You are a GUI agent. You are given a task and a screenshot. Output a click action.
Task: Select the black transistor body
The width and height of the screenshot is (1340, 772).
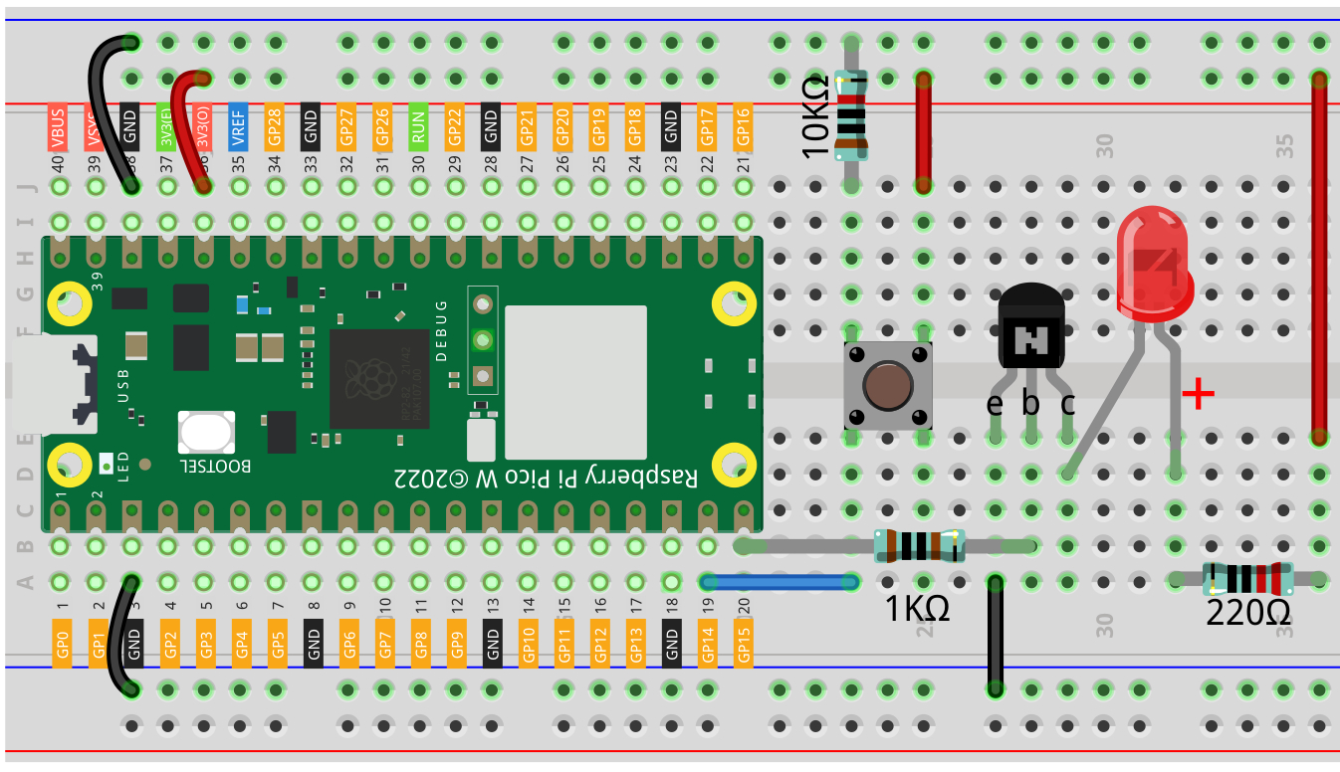click(x=1031, y=328)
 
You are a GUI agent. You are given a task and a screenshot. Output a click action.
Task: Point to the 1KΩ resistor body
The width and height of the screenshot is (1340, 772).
click(x=919, y=545)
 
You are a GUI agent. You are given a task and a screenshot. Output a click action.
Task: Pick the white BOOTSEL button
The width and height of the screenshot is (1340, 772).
click(x=206, y=432)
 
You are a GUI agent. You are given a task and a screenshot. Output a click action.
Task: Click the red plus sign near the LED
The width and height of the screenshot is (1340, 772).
click(x=1199, y=395)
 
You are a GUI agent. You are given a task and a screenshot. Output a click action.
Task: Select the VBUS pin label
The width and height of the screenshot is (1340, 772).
click(x=58, y=126)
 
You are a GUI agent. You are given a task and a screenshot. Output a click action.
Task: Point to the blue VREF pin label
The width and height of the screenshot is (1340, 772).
click(x=238, y=126)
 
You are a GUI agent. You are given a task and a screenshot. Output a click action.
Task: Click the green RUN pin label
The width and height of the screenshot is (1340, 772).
click(x=418, y=126)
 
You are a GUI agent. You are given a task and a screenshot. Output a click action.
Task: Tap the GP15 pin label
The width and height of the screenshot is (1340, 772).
click(x=743, y=642)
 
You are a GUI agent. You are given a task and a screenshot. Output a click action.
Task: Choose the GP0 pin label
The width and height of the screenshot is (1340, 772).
click(x=63, y=642)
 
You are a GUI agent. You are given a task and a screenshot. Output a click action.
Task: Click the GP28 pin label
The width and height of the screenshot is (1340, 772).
click(x=274, y=126)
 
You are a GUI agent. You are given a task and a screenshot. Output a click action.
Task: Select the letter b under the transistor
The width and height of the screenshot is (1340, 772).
click(x=1031, y=404)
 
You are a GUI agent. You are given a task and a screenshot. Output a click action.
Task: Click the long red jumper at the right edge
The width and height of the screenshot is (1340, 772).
click(x=1319, y=259)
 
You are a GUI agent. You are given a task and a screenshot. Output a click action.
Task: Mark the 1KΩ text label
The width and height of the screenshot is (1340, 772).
click(x=917, y=608)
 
